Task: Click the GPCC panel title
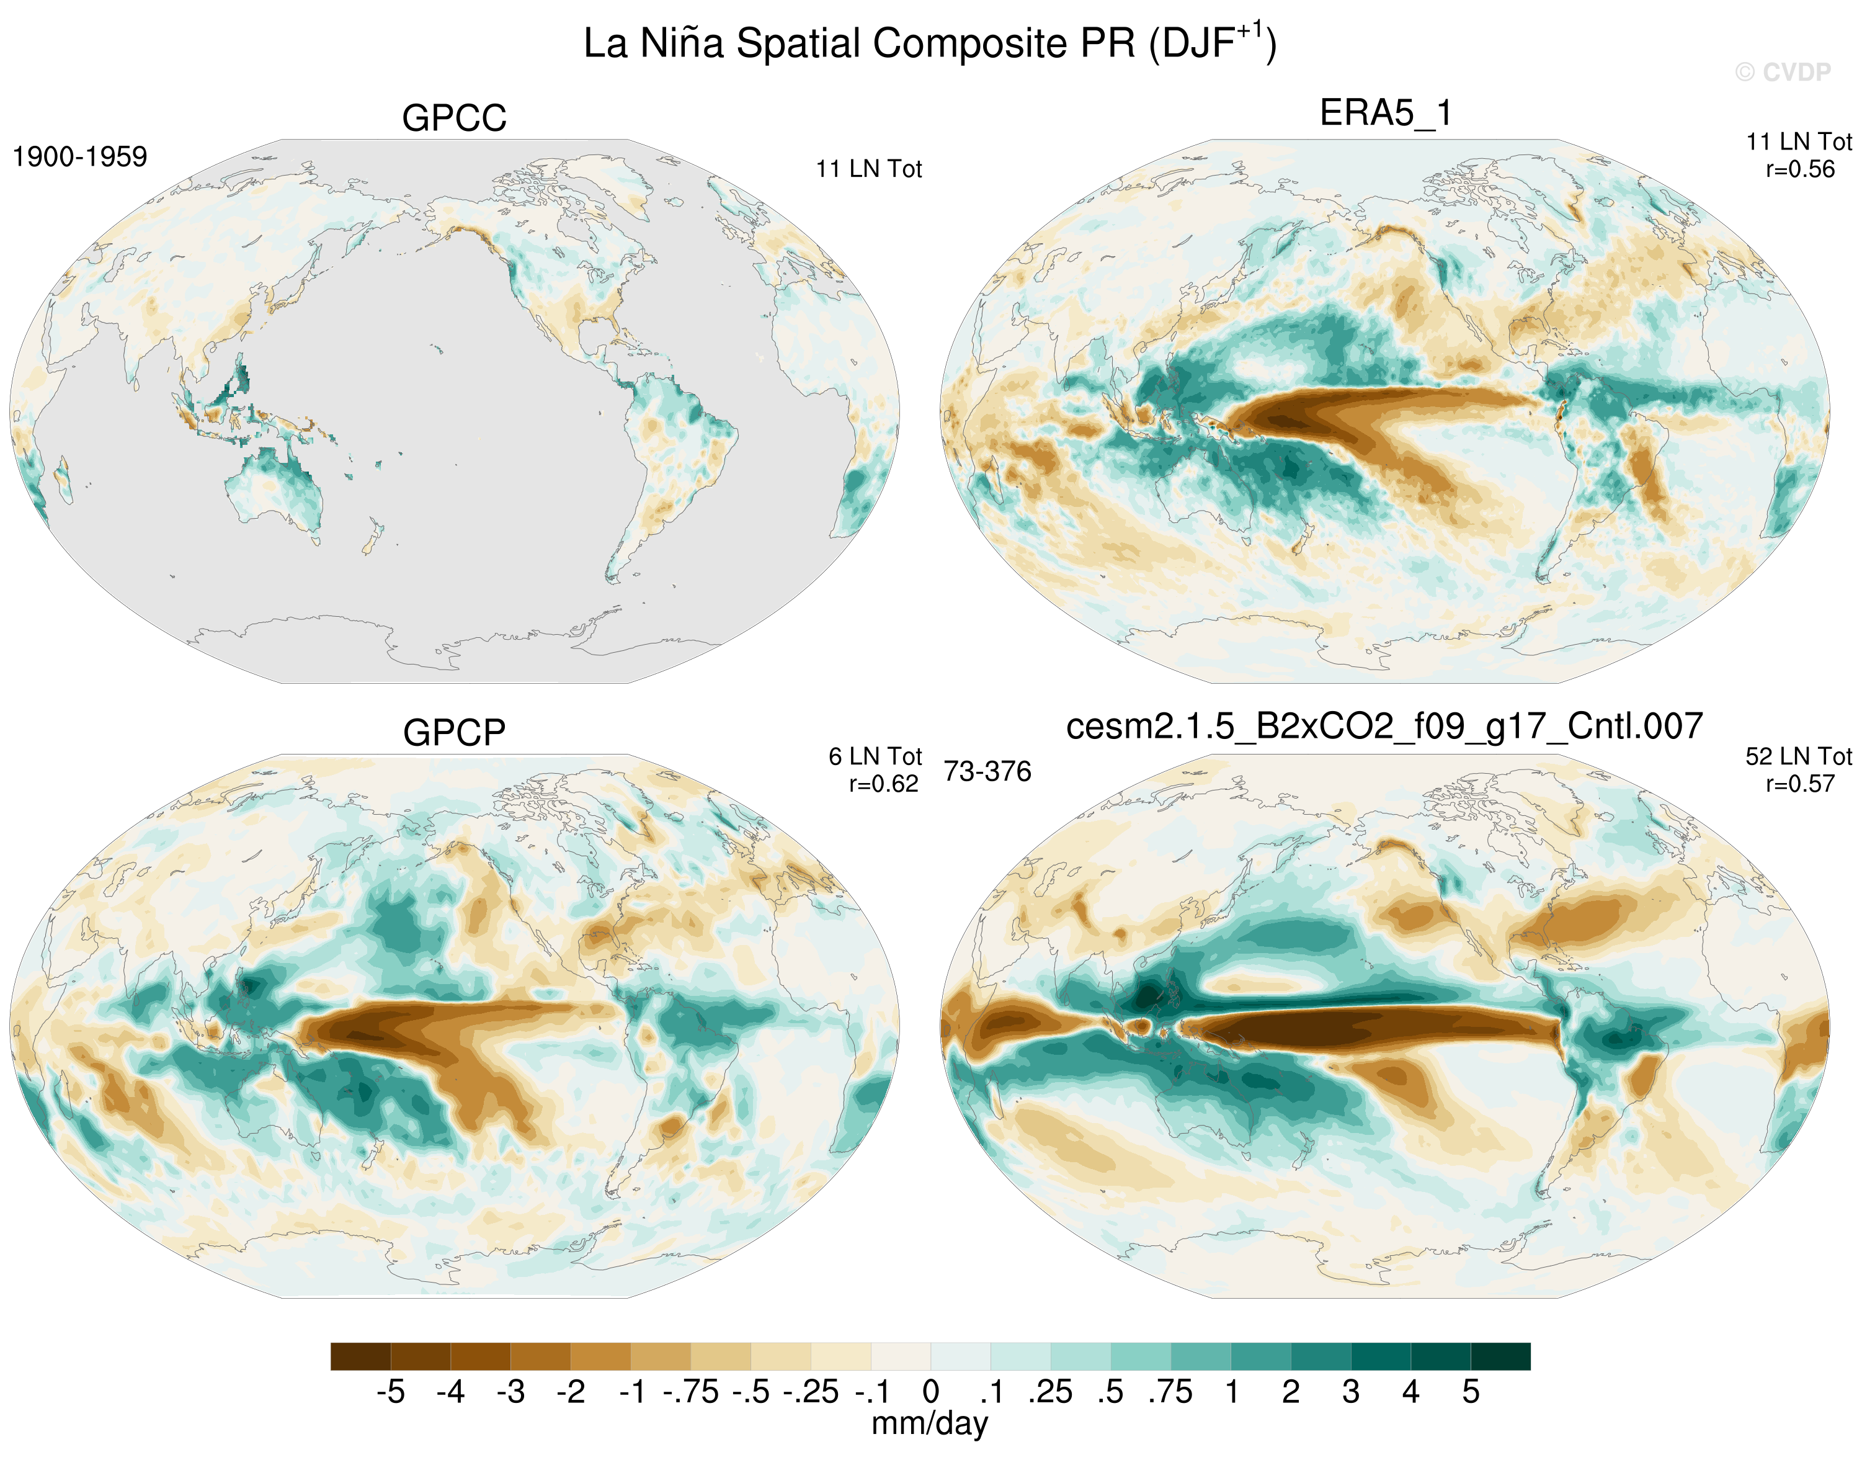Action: pyautogui.click(x=454, y=118)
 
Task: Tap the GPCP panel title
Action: pyautogui.click(x=454, y=733)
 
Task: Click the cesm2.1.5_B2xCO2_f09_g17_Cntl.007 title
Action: pyautogui.click(x=1384, y=727)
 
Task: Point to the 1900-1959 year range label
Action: pyautogui.click(x=79, y=156)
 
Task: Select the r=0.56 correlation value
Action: pyautogui.click(x=1799, y=169)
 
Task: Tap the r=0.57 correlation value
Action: pyautogui.click(x=1799, y=784)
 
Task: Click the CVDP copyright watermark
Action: pyautogui.click(x=1783, y=73)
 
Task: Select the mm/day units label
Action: pyautogui.click(x=930, y=1423)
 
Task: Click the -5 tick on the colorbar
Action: pyautogui.click(x=391, y=1392)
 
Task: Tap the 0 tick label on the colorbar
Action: pyautogui.click(x=930, y=1392)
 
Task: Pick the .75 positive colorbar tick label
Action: pyautogui.click(x=1170, y=1392)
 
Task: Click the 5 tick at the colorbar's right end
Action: pyautogui.click(x=1470, y=1392)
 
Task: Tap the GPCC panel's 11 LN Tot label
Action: pyautogui.click(x=868, y=169)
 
